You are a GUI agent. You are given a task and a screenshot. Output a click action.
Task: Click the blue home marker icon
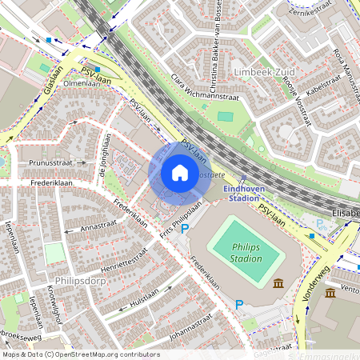tap(180, 173)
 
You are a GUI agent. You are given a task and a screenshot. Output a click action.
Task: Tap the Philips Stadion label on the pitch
tap(246, 253)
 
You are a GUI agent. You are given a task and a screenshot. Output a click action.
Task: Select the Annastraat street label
tap(98, 228)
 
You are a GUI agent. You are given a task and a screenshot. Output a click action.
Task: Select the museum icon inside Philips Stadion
tap(278, 283)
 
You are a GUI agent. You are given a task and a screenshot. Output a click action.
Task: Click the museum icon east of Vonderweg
tap(330, 293)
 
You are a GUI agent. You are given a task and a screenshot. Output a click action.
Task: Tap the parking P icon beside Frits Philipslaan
tap(185, 230)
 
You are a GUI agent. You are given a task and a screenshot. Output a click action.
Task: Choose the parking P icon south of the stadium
tap(238, 304)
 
